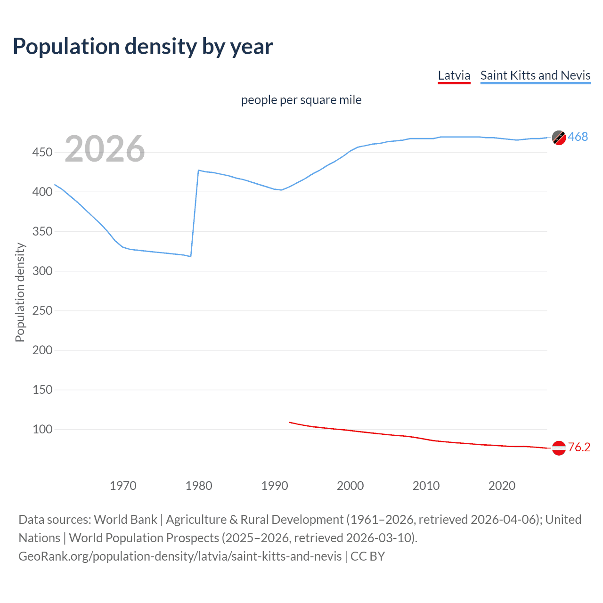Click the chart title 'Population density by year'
[x=143, y=47]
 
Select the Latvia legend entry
[x=454, y=75]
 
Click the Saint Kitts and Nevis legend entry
[x=535, y=75]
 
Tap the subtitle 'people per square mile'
[x=301, y=100]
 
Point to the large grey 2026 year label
[x=105, y=149]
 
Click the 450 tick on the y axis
[x=42, y=152]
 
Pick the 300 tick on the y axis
[x=42, y=271]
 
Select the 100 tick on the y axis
[x=42, y=429]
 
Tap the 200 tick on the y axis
[x=42, y=350]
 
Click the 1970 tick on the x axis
[x=123, y=486]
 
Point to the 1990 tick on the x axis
[x=275, y=486]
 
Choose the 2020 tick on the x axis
[x=502, y=486]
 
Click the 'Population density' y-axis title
[x=20, y=292]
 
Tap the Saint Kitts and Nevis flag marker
[x=559, y=138]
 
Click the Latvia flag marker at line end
[x=559, y=448]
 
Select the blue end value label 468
[x=578, y=137]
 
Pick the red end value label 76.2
[x=579, y=447]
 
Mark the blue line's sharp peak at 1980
[x=198, y=170]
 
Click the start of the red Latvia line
[x=290, y=422]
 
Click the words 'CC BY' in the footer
[x=367, y=556]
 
